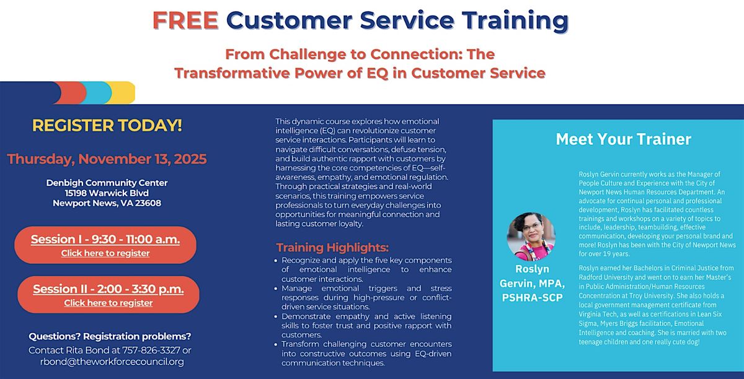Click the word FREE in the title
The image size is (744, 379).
coord(185,20)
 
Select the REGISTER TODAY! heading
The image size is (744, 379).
coord(107,126)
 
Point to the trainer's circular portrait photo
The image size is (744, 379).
coord(531,235)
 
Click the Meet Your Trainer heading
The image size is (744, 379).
coord(623,139)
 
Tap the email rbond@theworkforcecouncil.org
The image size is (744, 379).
coord(111,362)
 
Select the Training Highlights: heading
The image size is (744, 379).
coord(332,247)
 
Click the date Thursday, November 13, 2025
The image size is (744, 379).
coord(107,159)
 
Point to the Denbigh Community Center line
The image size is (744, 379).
coord(107,183)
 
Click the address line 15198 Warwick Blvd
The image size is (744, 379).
coord(107,193)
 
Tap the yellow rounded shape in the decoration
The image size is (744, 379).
coord(123,93)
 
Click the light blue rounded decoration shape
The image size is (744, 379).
coord(98,93)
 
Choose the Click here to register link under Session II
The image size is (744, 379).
coord(108,303)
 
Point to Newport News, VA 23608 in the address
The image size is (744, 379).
coord(107,203)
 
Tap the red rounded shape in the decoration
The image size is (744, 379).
coord(73,93)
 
